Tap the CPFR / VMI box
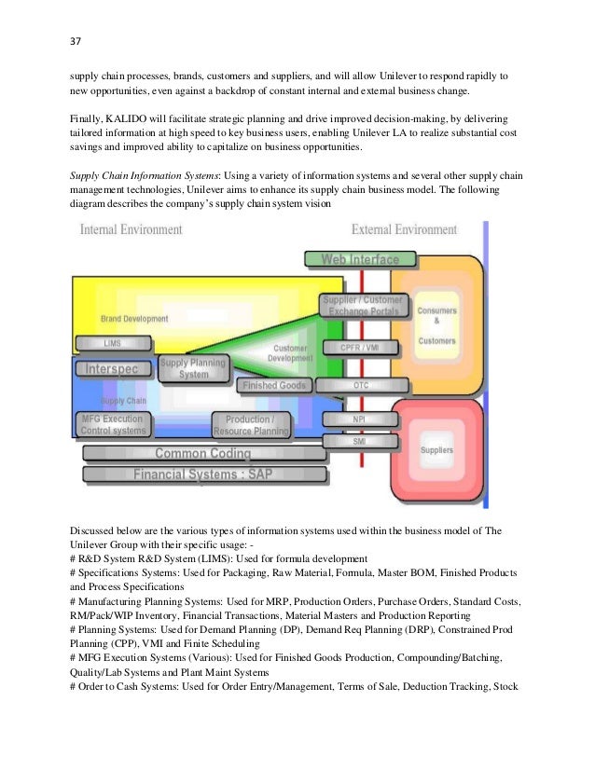360,347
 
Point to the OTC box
360,383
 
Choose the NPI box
359,419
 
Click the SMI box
359,440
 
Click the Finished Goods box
273,385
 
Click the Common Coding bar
203,454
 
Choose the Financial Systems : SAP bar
203,474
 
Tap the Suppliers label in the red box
436,450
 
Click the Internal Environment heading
131,229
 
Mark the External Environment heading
405,229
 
